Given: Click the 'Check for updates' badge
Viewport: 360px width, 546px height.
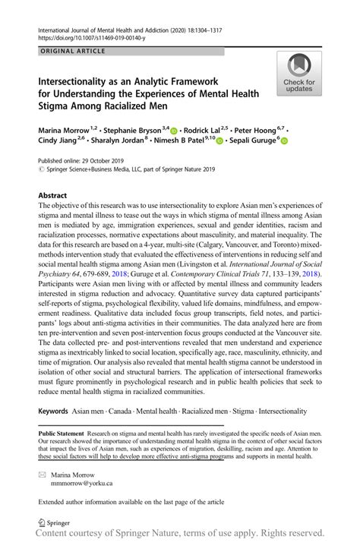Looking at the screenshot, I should (x=299, y=74).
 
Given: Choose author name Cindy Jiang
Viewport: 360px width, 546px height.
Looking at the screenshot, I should (x=59, y=140).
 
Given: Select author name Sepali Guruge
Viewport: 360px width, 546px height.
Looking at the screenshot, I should (x=253, y=140).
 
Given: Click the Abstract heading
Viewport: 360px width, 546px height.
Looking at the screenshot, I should (x=55, y=195).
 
